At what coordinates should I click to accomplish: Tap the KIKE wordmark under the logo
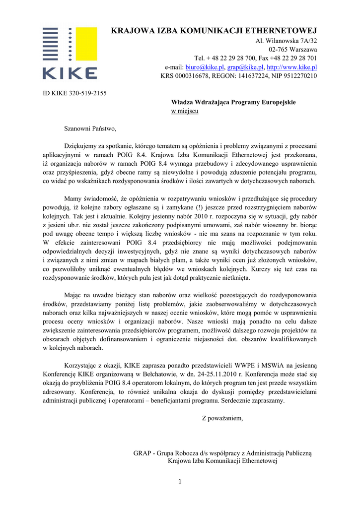(x=70, y=73)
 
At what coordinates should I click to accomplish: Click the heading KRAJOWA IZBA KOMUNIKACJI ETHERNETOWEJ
(x=214, y=31)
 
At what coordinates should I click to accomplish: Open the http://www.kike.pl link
(x=292, y=67)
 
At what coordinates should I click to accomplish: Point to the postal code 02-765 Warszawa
(x=293, y=50)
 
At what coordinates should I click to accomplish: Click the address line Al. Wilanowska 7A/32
(x=286, y=41)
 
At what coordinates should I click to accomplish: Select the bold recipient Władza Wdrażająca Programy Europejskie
(x=233, y=102)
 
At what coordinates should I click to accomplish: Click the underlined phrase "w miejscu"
(x=185, y=111)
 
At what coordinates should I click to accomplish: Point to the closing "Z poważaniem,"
(x=222, y=418)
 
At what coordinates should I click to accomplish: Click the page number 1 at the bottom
(x=180, y=481)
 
